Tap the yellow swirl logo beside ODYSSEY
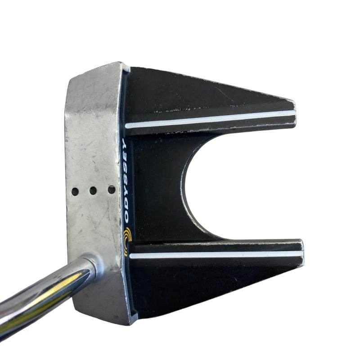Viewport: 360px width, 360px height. (x=127, y=242)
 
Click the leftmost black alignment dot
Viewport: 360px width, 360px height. (x=75, y=191)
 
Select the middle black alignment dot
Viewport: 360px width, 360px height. (x=93, y=190)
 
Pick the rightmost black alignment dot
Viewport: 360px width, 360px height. (x=111, y=189)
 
